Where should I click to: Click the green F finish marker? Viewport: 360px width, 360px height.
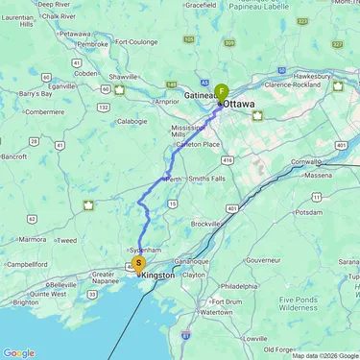pos(222,91)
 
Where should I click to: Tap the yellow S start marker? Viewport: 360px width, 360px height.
pos(138,262)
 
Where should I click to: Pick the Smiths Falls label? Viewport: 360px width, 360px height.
pos(207,180)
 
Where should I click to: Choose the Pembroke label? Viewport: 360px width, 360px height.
pos(92,43)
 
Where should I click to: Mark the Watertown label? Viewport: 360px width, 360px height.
pos(215,312)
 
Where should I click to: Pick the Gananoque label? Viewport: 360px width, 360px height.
pos(190,260)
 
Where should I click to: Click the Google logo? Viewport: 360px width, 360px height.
pos(18,352)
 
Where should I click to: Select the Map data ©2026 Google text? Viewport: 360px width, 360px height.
pos(324,355)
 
